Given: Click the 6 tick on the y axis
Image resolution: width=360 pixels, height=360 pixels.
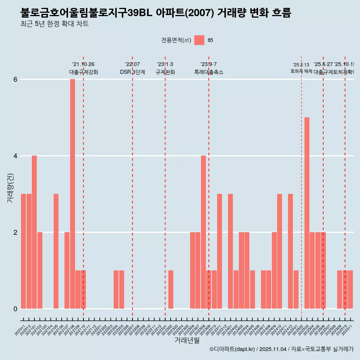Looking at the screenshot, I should click(15, 79).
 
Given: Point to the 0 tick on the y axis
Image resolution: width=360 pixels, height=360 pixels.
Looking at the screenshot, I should click(15, 309).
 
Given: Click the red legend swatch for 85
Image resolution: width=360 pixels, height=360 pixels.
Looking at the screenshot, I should click(199, 40).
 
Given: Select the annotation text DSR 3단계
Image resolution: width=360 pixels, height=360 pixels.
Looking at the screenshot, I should click(132, 72).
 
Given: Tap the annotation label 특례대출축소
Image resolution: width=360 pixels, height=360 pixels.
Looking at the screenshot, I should click(208, 72).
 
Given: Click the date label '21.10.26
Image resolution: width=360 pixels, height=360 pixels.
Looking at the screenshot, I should click(83, 64).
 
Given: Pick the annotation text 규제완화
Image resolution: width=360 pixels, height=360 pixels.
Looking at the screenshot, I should click(165, 72).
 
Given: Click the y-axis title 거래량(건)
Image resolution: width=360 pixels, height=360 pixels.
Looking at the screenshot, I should click(10, 187).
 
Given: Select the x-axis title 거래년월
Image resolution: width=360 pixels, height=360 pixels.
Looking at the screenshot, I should click(187, 340).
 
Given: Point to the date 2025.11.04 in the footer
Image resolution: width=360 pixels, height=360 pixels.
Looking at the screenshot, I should click(273, 349).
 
